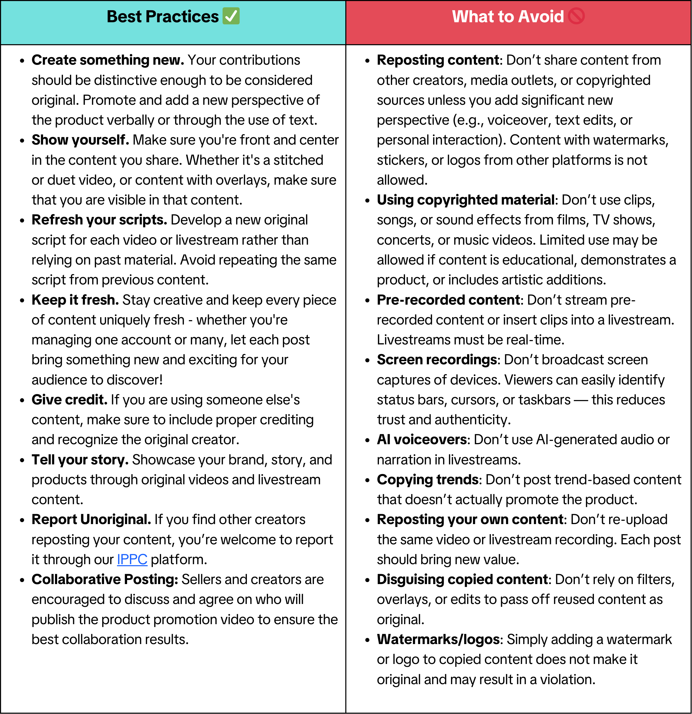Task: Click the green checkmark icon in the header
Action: (231, 16)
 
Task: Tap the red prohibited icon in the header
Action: (576, 16)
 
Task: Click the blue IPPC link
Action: (132, 559)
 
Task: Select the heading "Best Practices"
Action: (163, 16)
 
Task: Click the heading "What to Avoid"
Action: (508, 16)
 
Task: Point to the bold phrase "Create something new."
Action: (108, 60)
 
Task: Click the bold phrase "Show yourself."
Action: (80, 140)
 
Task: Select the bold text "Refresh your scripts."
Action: (99, 220)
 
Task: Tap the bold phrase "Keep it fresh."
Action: (75, 300)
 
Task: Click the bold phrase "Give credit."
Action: (69, 400)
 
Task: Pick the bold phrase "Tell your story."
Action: (80, 460)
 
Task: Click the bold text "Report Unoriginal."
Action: (91, 519)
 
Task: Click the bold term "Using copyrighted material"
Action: (466, 200)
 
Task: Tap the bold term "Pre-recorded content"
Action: (448, 300)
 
